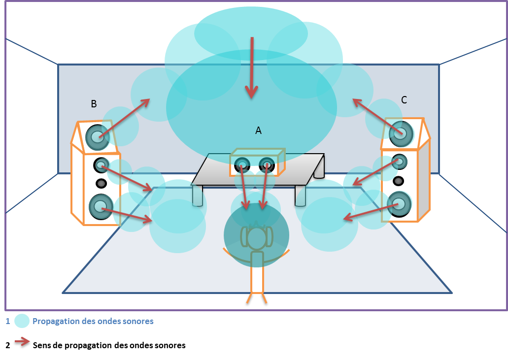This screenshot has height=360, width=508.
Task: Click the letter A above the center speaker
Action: tap(258, 131)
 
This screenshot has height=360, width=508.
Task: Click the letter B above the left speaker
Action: tap(94, 104)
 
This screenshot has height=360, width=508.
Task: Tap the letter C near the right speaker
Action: tap(404, 100)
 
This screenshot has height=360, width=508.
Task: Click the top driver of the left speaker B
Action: tap(97, 136)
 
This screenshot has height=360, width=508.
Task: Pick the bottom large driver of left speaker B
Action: tap(101, 207)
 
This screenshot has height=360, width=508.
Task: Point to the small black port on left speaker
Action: tap(101, 183)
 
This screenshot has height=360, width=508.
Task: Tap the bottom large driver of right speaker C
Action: tap(399, 204)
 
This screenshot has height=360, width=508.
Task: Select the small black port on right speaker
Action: tap(399, 180)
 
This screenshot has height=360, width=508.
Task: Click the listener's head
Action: tap(256, 238)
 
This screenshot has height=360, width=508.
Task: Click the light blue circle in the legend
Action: tap(22, 321)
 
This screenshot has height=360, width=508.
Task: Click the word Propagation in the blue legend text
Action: tap(56, 321)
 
